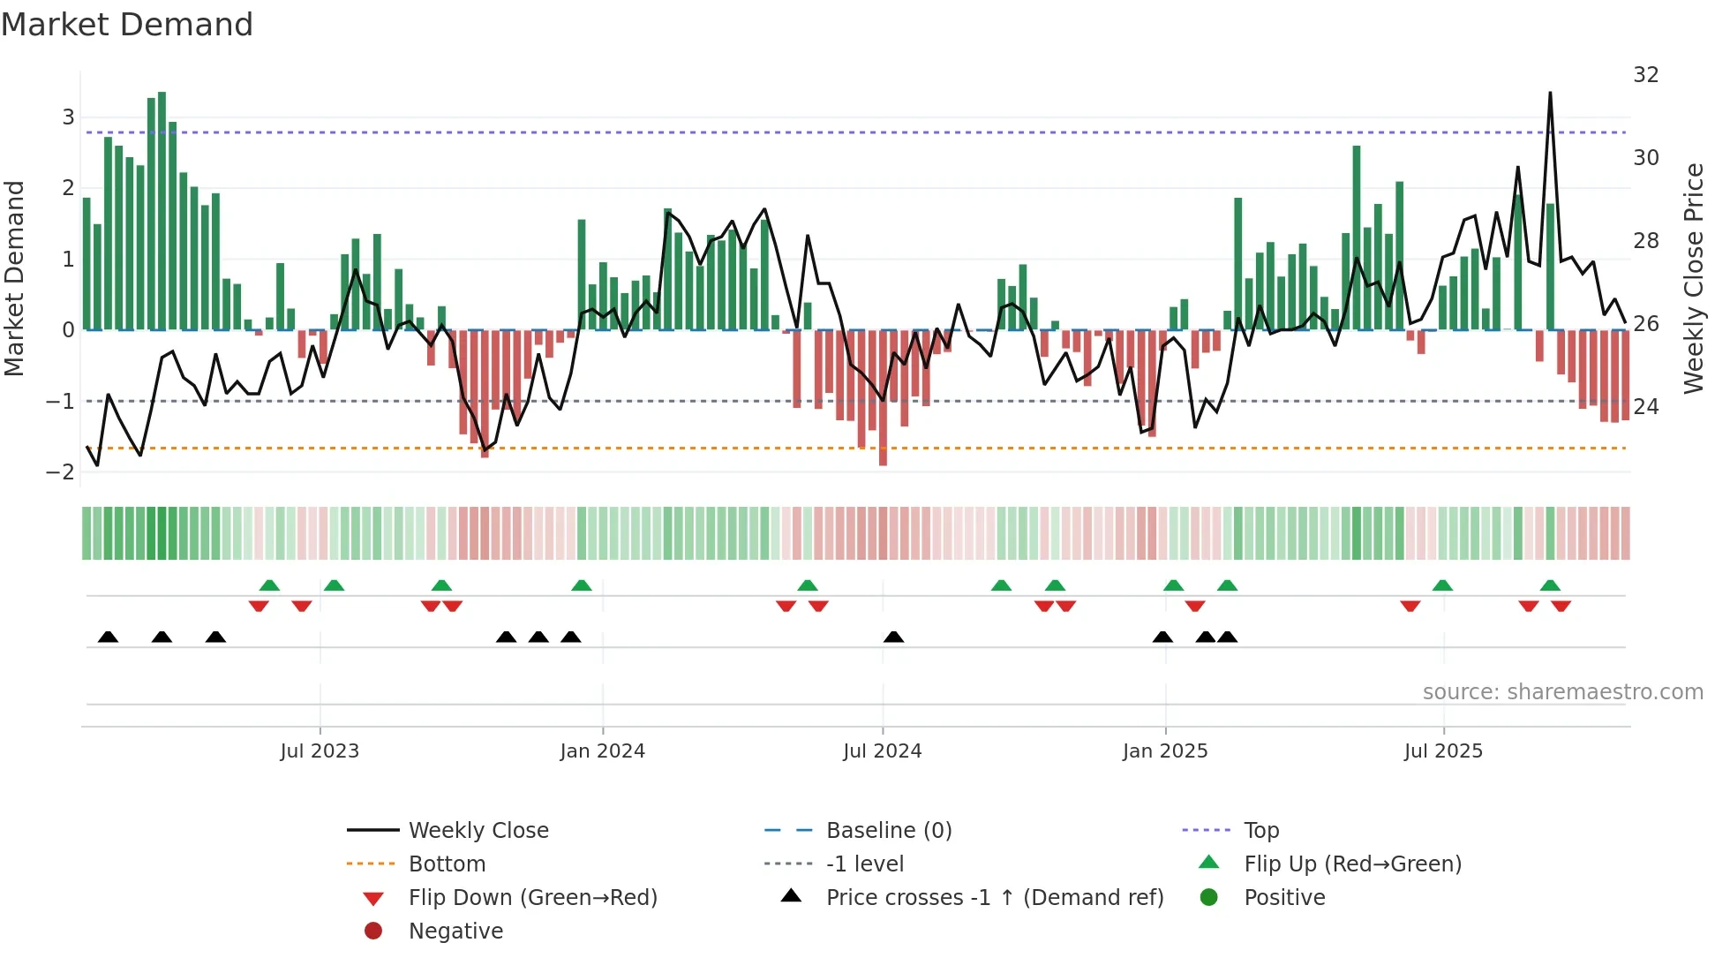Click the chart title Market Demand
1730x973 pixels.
127,25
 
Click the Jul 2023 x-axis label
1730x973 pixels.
320,751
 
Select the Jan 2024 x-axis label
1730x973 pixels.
602,751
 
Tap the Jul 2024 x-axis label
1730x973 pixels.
882,751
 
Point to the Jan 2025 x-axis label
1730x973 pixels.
1165,751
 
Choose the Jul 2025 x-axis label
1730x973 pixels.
1443,751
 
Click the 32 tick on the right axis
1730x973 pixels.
1645,75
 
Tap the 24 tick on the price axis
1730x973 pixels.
1645,407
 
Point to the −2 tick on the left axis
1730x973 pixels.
60,472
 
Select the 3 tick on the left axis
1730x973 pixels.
68,117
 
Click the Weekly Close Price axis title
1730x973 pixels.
1693,278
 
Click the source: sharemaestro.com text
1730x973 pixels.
1562,692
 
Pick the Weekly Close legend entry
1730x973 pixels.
478,831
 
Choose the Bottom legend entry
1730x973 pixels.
447,864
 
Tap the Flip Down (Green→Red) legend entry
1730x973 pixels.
532,898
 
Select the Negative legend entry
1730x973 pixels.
455,932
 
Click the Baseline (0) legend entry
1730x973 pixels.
888,831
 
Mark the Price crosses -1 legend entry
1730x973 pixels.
994,898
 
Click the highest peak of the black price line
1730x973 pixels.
1550,94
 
